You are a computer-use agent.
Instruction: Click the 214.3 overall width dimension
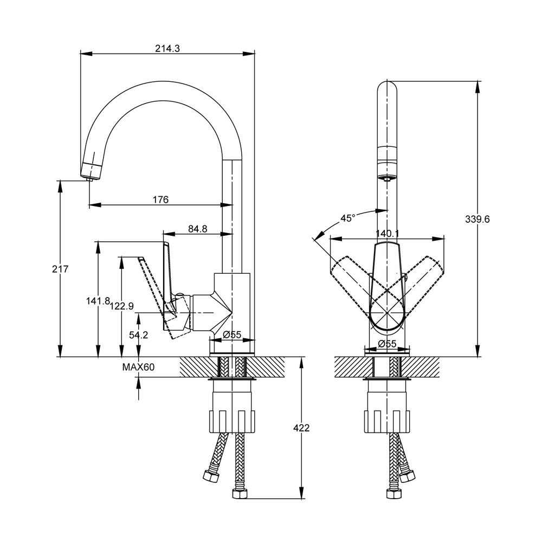pos(167,48)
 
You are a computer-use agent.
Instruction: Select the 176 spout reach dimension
pos(160,199)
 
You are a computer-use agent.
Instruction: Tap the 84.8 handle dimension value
pos(198,229)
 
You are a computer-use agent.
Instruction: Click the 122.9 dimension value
pos(121,306)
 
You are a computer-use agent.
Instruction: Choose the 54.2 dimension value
pos(139,335)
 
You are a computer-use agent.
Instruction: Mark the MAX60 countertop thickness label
pos(139,367)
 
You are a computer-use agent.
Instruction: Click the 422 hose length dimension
pos(301,428)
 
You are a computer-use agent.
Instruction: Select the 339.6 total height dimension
pos(478,219)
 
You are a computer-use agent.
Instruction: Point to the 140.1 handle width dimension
pos(388,234)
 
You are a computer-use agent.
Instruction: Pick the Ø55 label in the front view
pos(388,343)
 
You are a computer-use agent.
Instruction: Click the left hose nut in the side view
pos(210,477)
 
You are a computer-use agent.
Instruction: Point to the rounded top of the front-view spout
pos(388,87)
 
